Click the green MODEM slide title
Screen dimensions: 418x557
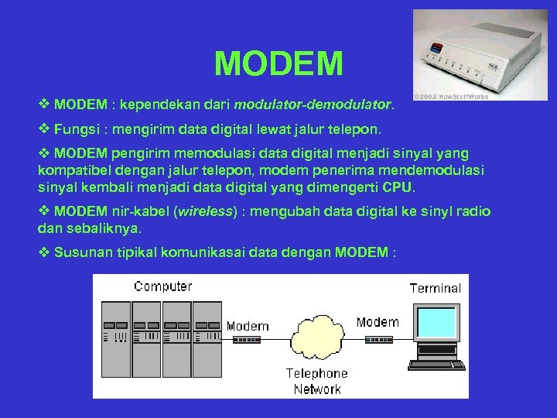point(278,63)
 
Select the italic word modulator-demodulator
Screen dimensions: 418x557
point(313,103)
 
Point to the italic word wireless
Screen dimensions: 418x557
point(206,212)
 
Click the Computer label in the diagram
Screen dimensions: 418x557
point(162,286)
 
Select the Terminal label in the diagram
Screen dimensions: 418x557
point(435,288)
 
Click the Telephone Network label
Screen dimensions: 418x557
point(317,381)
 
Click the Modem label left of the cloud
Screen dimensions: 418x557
point(248,326)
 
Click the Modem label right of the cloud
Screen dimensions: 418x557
point(378,322)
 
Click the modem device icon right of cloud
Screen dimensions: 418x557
point(378,337)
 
